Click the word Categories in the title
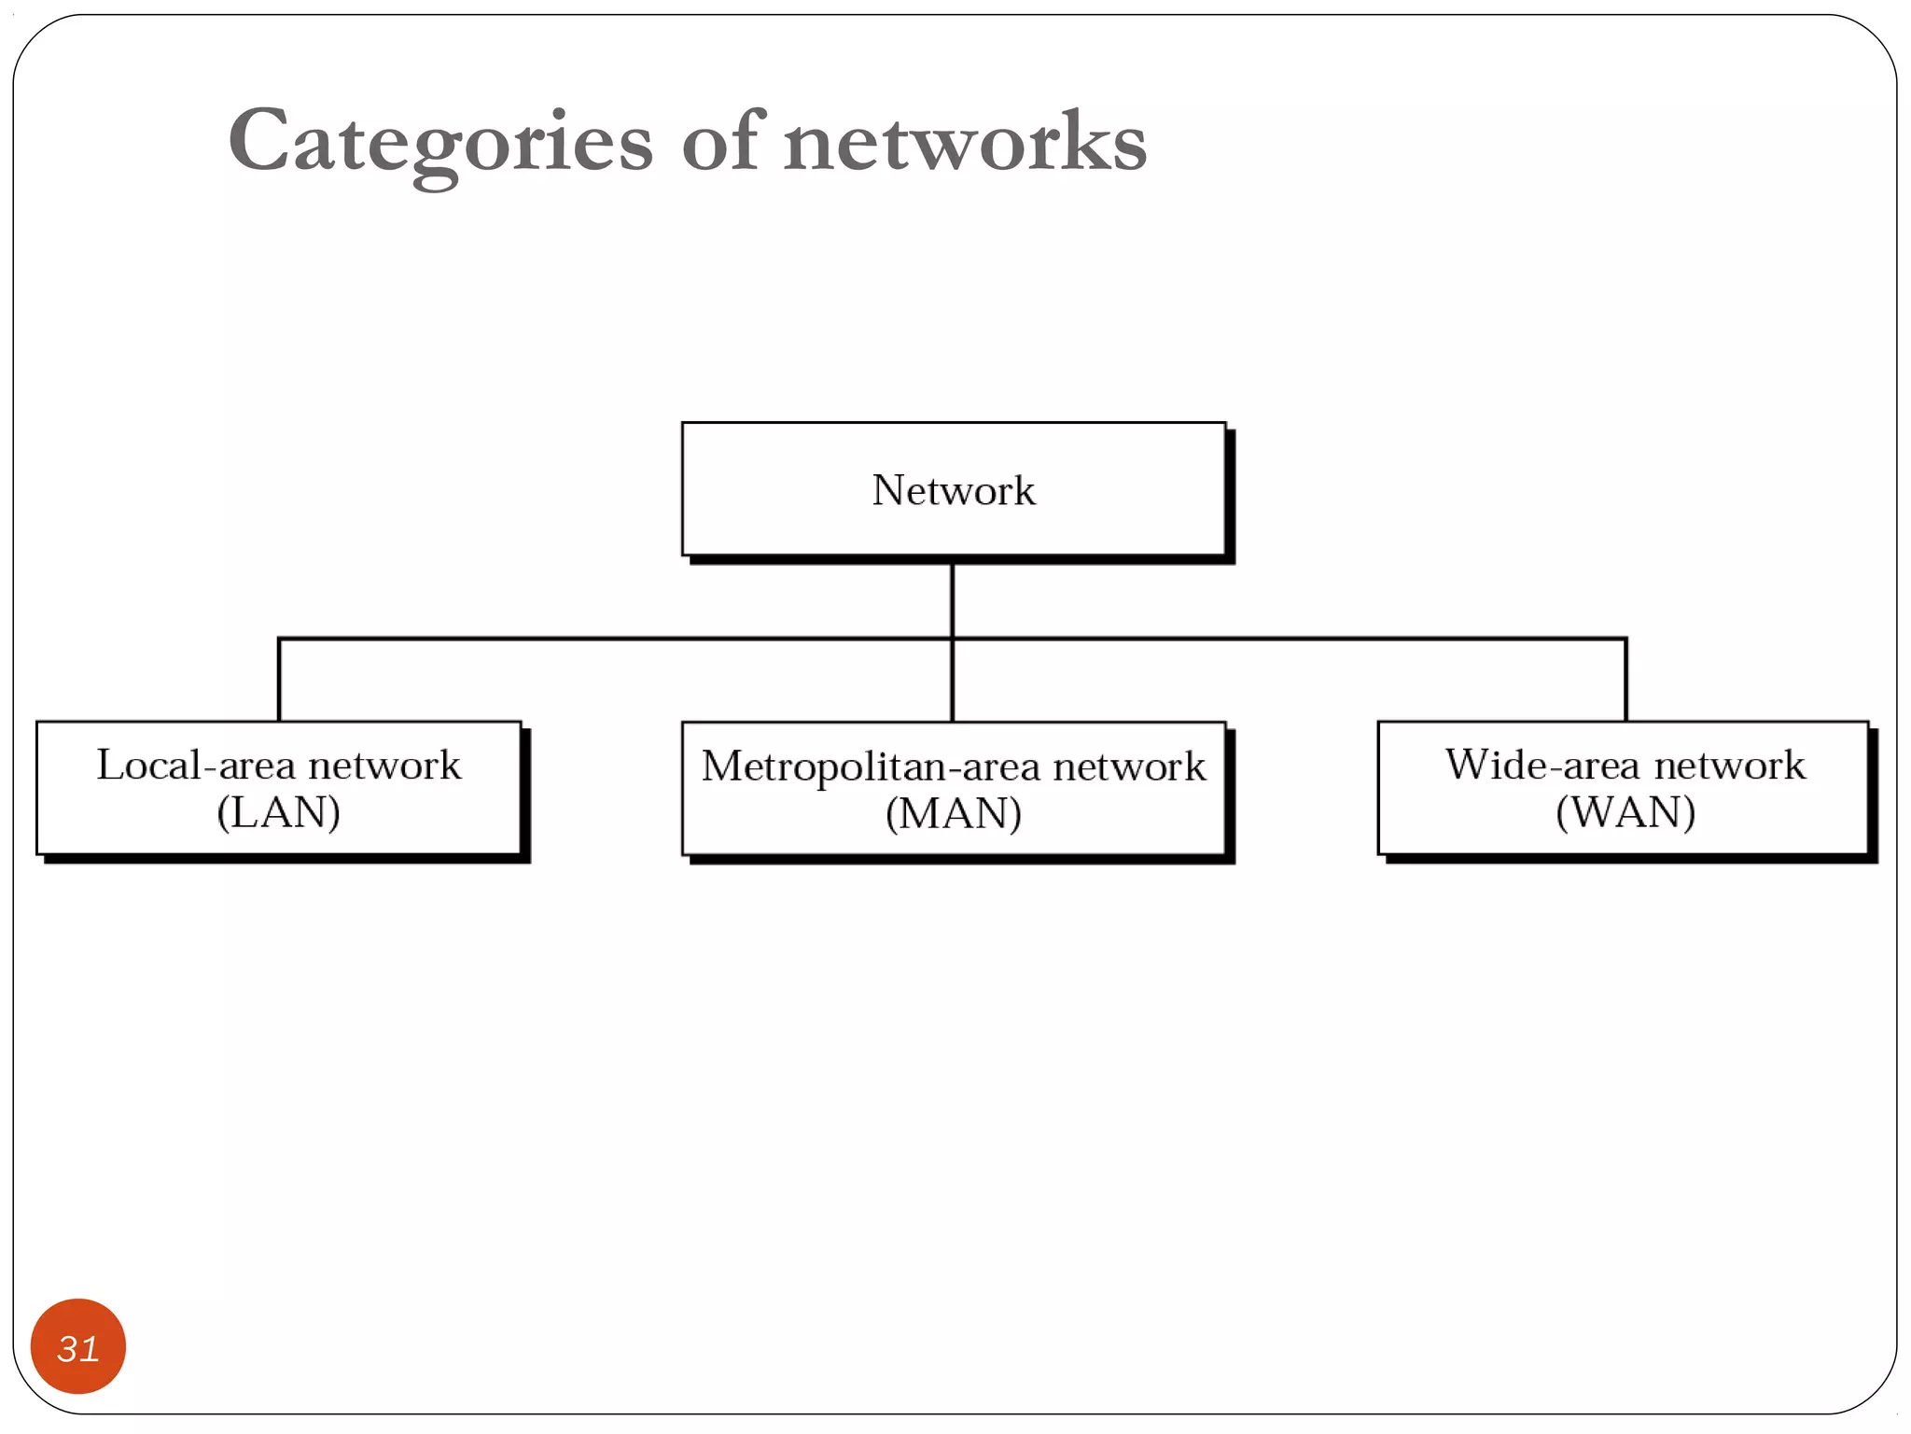(439, 142)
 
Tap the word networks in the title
(965, 142)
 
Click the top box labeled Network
(953, 489)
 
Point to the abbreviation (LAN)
(278, 812)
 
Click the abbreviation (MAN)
(953, 813)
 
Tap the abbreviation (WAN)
(1625, 812)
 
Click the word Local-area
(195, 766)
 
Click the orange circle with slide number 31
(78, 1346)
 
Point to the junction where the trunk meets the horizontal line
(952, 639)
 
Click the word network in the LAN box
(384, 766)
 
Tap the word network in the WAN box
(1730, 766)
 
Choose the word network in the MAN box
(1129, 766)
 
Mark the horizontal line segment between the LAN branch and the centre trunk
(616, 639)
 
